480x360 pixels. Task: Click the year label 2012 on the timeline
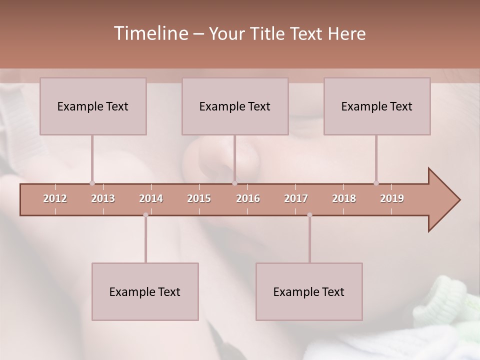tap(55, 198)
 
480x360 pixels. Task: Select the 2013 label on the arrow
tap(103, 198)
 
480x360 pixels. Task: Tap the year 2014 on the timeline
tap(151, 198)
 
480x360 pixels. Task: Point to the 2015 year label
tap(199, 198)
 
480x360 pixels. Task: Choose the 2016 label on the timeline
tap(248, 198)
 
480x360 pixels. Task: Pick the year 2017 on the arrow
tap(296, 198)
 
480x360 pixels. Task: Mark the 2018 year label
tap(344, 198)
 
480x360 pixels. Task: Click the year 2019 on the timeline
tap(392, 198)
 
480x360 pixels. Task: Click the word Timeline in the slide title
tap(150, 33)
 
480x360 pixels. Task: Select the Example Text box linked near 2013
tap(93, 106)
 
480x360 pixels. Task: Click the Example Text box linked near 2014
tap(145, 291)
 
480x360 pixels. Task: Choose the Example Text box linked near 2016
tap(235, 106)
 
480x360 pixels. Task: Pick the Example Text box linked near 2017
tap(309, 291)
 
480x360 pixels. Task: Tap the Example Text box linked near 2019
tap(377, 106)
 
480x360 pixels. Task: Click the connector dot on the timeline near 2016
tap(234, 183)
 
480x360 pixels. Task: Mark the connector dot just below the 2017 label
tap(309, 215)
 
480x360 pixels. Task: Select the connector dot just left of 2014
tap(145, 215)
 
